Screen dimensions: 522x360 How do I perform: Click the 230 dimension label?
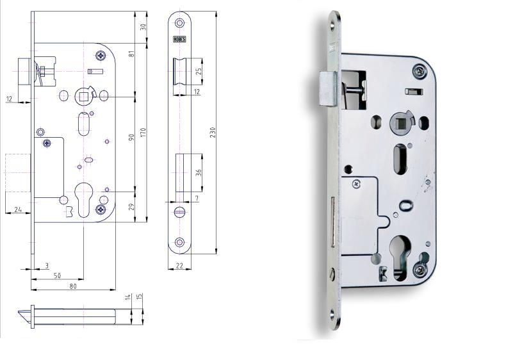click(x=213, y=132)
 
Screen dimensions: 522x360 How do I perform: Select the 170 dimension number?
click(x=143, y=133)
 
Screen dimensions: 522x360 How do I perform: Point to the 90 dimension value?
click(x=131, y=137)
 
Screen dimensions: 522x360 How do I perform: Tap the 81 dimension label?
click(x=132, y=53)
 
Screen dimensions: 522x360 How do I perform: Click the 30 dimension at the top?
click(x=143, y=27)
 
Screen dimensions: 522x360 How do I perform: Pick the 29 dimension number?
click(x=131, y=207)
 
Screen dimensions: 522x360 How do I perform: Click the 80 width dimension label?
click(x=73, y=286)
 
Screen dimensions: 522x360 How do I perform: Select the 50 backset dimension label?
click(x=57, y=275)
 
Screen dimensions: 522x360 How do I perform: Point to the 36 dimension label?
click(x=199, y=172)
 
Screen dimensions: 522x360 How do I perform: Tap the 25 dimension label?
click(x=199, y=71)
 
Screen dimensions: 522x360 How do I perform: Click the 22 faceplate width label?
click(x=179, y=265)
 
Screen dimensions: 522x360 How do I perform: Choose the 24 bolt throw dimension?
click(x=18, y=209)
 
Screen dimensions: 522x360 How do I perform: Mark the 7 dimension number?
click(x=197, y=199)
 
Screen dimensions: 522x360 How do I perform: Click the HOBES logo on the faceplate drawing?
click(x=180, y=39)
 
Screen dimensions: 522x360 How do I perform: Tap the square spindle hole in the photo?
click(x=400, y=122)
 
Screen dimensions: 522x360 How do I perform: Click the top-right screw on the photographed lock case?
click(x=419, y=72)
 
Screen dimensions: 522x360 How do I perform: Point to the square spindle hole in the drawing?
click(x=83, y=96)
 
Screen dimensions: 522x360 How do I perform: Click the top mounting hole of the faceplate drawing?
click(x=180, y=23)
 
